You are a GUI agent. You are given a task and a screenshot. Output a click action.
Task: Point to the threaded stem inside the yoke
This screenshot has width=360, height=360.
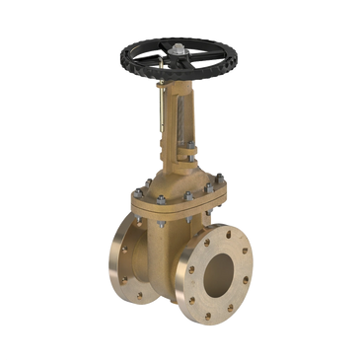click(x=178, y=108)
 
